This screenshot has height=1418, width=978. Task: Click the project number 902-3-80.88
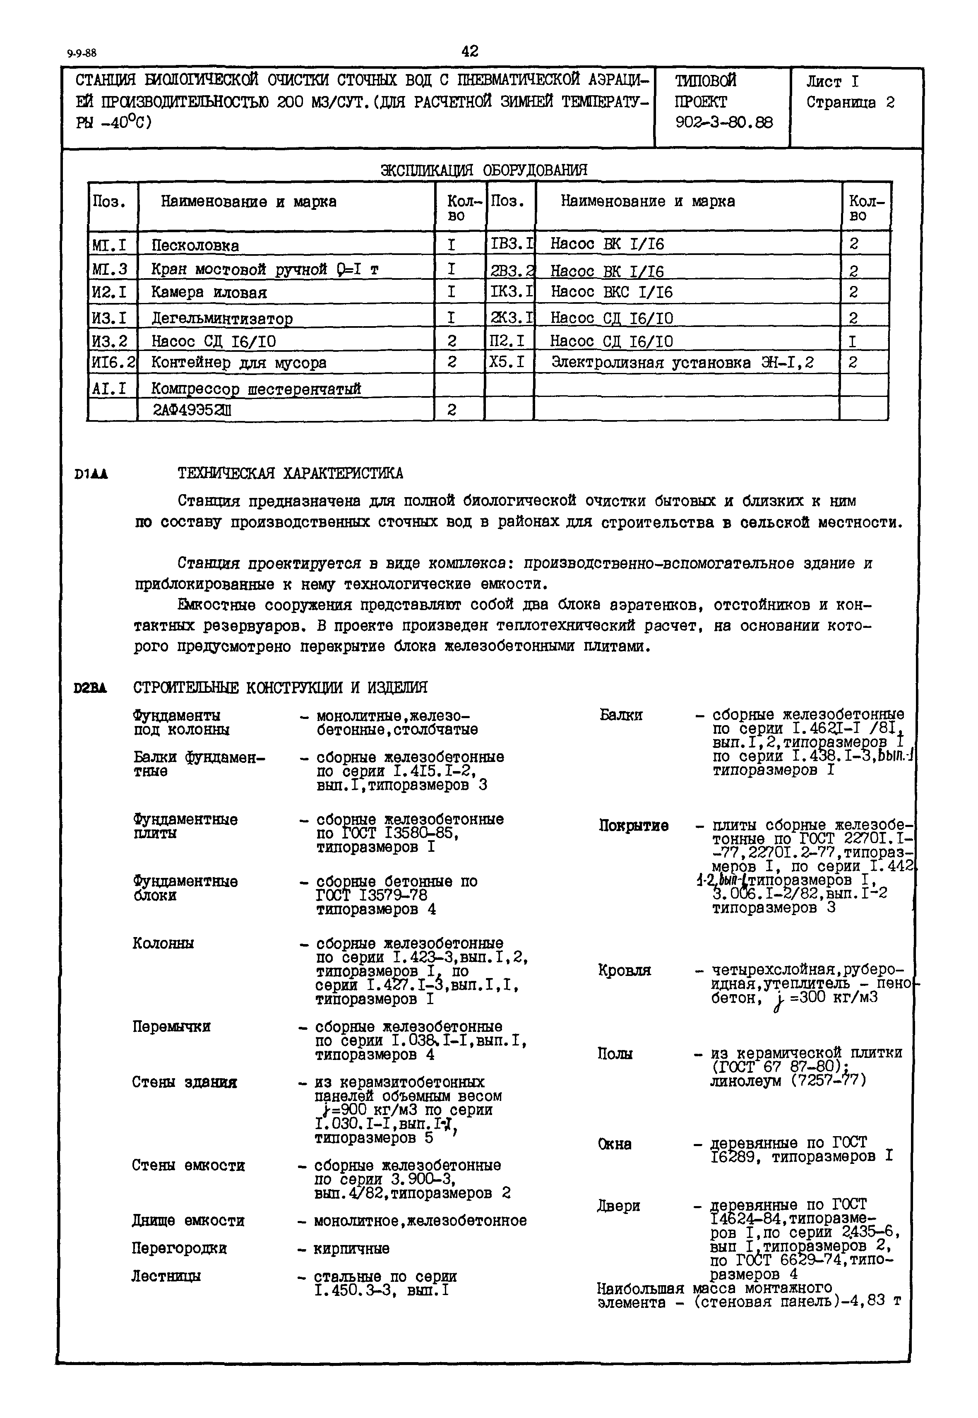pyautogui.click(x=724, y=123)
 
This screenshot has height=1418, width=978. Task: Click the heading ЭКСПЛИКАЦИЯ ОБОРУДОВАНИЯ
pyautogui.click(x=483, y=170)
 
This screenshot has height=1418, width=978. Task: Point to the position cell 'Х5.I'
pyautogui.click(x=507, y=362)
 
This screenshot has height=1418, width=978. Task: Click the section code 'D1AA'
pyautogui.click(x=91, y=473)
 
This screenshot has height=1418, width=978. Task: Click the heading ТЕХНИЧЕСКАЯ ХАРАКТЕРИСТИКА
pyautogui.click(x=291, y=473)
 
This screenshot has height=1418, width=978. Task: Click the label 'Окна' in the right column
pyautogui.click(x=614, y=1144)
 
